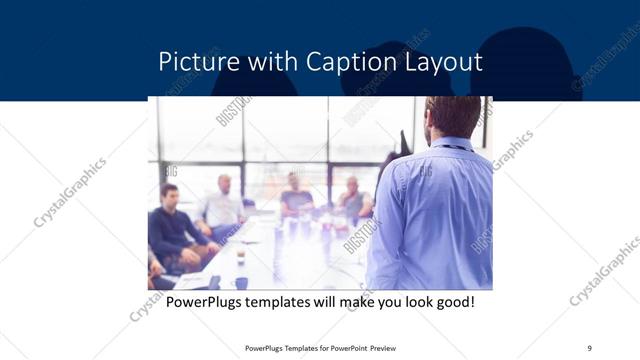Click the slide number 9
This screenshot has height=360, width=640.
click(x=588, y=348)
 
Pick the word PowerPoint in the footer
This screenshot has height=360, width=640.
click(x=346, y=348)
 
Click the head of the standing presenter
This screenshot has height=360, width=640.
click(x=452, y=117)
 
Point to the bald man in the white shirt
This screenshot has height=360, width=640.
click(x=223, y=204)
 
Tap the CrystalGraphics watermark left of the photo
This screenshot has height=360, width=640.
click(x=70, y=190)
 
